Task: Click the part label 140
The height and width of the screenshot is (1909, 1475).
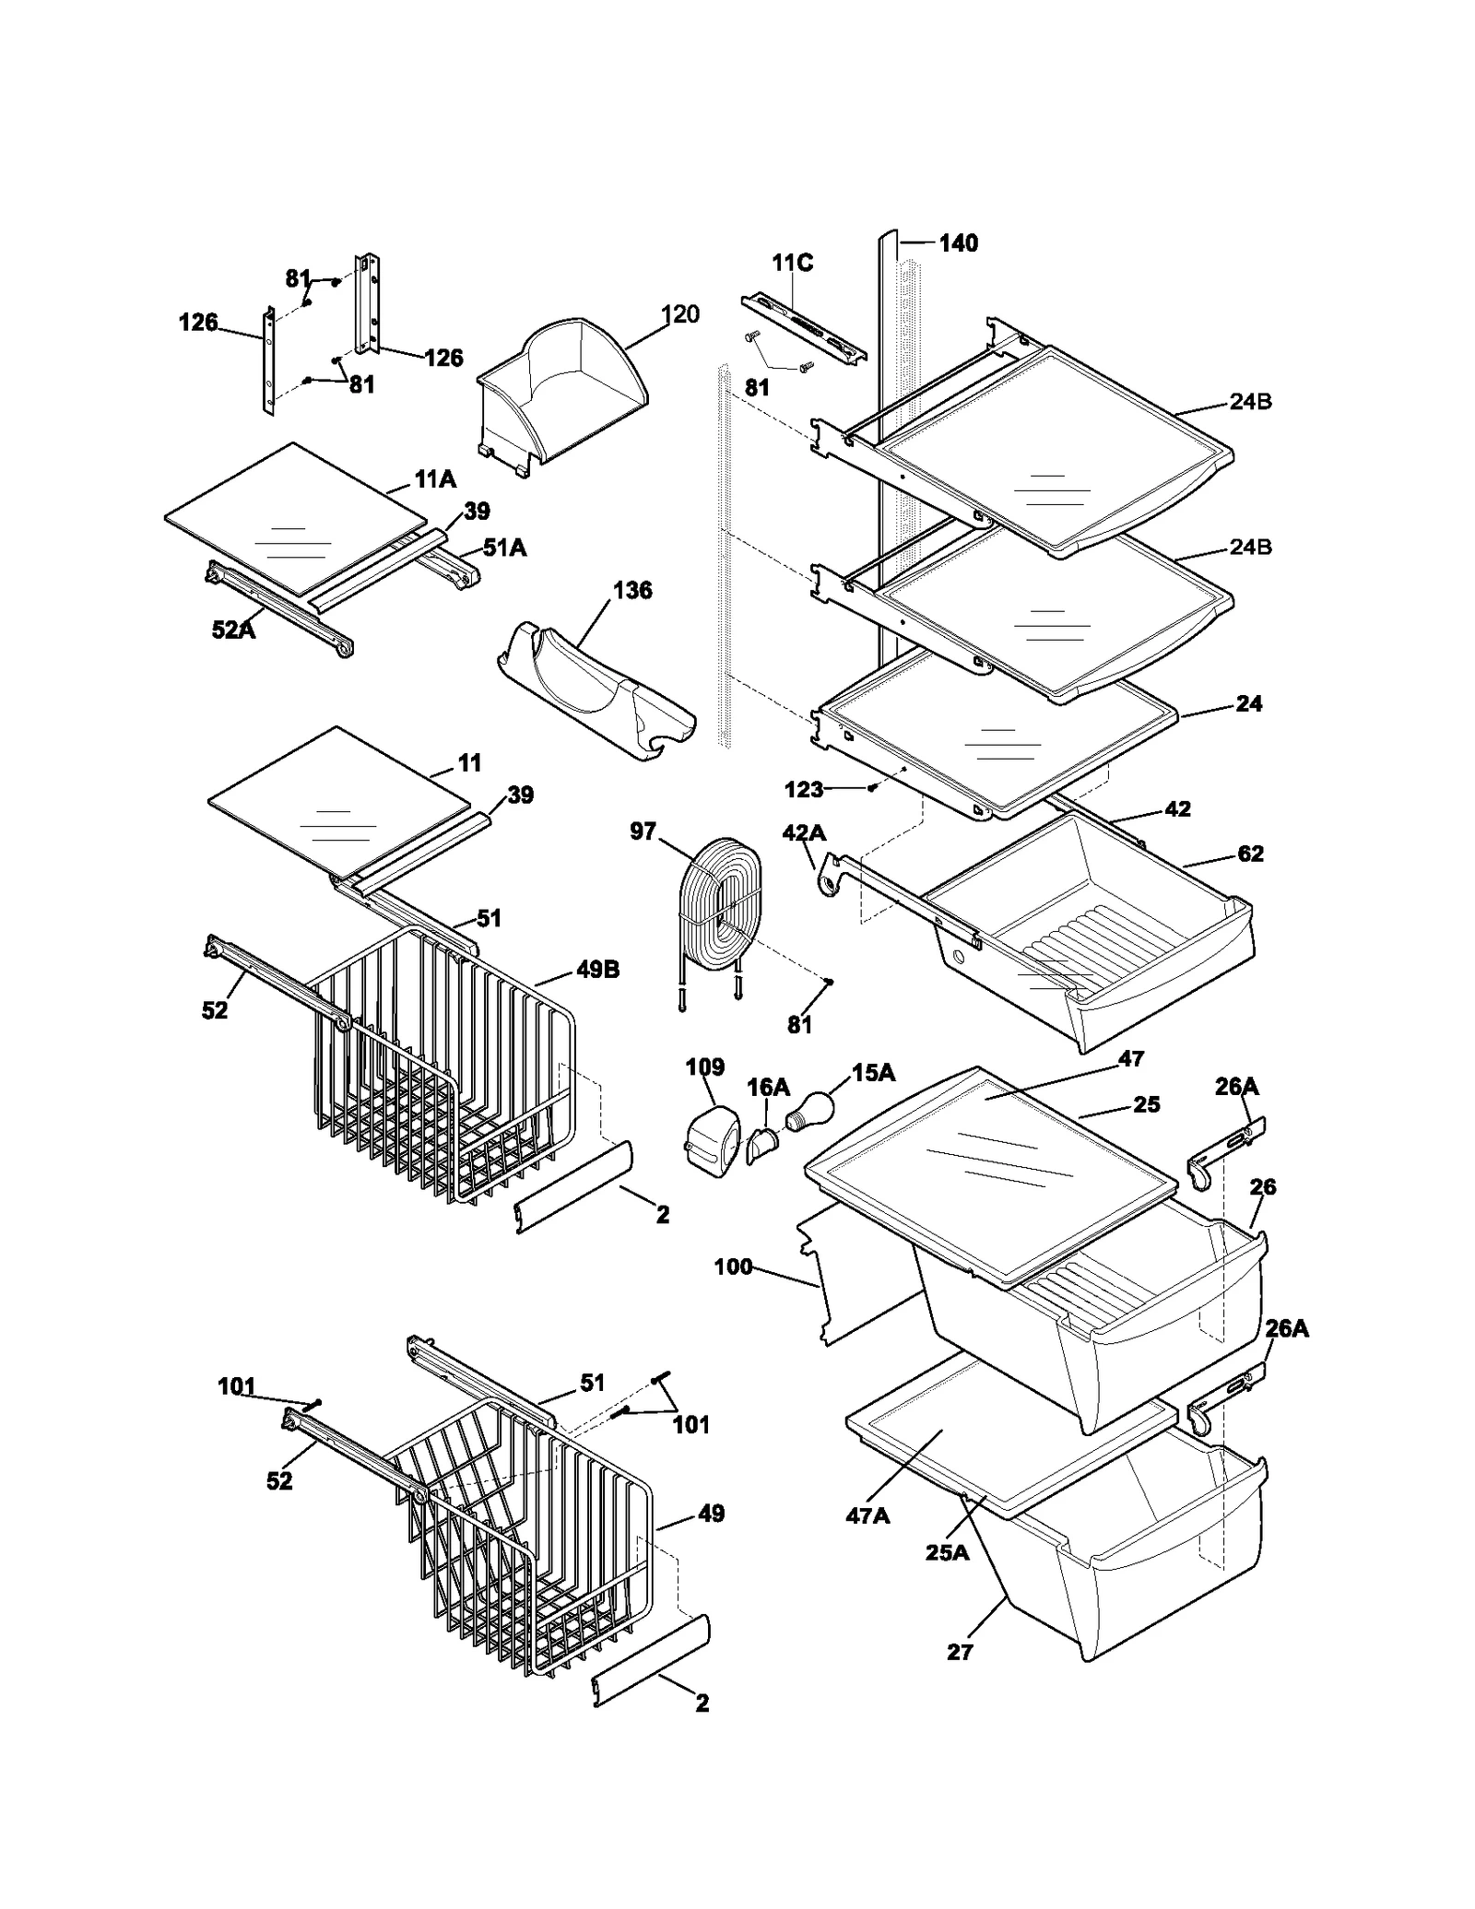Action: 958,243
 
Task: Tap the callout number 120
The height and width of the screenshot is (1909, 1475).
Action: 680,314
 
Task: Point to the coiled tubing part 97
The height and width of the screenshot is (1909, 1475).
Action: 719,908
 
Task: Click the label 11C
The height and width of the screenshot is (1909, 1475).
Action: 792,264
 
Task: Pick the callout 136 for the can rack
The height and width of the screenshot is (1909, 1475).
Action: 632,590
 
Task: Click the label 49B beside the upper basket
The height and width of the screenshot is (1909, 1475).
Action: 598,970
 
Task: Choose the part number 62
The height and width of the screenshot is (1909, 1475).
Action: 1250,854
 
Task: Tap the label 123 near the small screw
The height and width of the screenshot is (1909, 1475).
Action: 803,790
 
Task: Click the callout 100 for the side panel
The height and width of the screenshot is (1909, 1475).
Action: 733,1267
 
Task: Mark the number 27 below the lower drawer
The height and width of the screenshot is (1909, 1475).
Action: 960,1653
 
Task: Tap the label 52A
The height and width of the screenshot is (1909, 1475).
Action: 233,630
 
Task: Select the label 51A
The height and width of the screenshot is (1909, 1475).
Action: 504,548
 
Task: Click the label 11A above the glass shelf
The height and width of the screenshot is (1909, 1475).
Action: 435,479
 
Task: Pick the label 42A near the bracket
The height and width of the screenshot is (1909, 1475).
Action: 803,833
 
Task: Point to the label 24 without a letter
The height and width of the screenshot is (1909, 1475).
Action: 1248,704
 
